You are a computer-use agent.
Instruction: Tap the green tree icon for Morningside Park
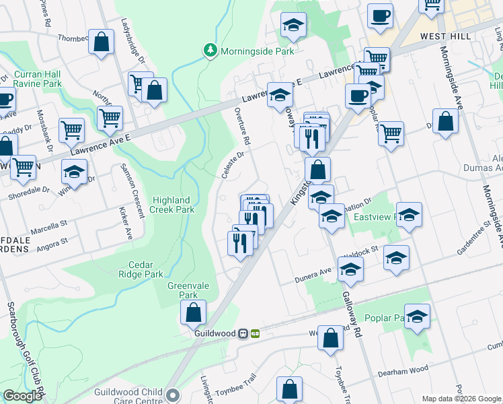click(210, 50)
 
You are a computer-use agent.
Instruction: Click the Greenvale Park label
click(183, 290)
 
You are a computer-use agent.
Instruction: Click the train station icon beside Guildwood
click(256, 333)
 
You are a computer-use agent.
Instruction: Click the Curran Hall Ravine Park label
click(32, 79)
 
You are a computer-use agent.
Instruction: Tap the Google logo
click(22, 396)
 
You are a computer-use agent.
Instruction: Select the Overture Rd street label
click(242, 127)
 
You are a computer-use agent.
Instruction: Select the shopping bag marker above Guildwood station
click(193, 312)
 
